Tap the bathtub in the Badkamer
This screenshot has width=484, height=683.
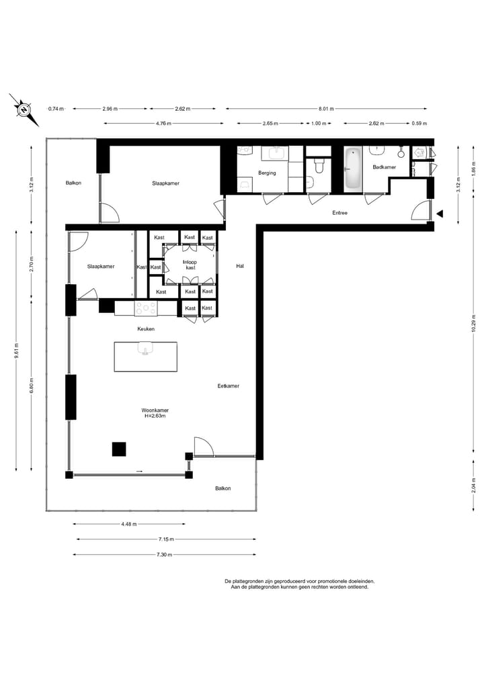(x=352, y=169)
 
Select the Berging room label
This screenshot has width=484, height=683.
(x=267, y=173)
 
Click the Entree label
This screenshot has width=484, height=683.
(x=340, y=213)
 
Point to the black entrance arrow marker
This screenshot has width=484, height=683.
(x=440, y=214)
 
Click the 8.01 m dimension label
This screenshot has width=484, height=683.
(x=326, y=109)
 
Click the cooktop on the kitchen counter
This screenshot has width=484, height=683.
(x=146, y=308)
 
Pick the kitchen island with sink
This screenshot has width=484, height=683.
(x=145, y=356)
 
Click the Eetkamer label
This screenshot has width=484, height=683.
(x=229, y=386)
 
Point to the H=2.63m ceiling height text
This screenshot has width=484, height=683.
(x=155, y=416)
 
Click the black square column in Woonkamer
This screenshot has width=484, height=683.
(x=119, y=449)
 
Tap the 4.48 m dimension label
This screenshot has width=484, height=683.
(x=129, y=524)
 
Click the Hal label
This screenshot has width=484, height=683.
(x=239, y=267)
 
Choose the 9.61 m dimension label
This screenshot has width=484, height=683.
(x=16, y=351)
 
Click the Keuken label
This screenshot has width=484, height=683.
(x=146, y=329)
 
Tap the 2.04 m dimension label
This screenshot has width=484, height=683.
(x=474, y=486)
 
